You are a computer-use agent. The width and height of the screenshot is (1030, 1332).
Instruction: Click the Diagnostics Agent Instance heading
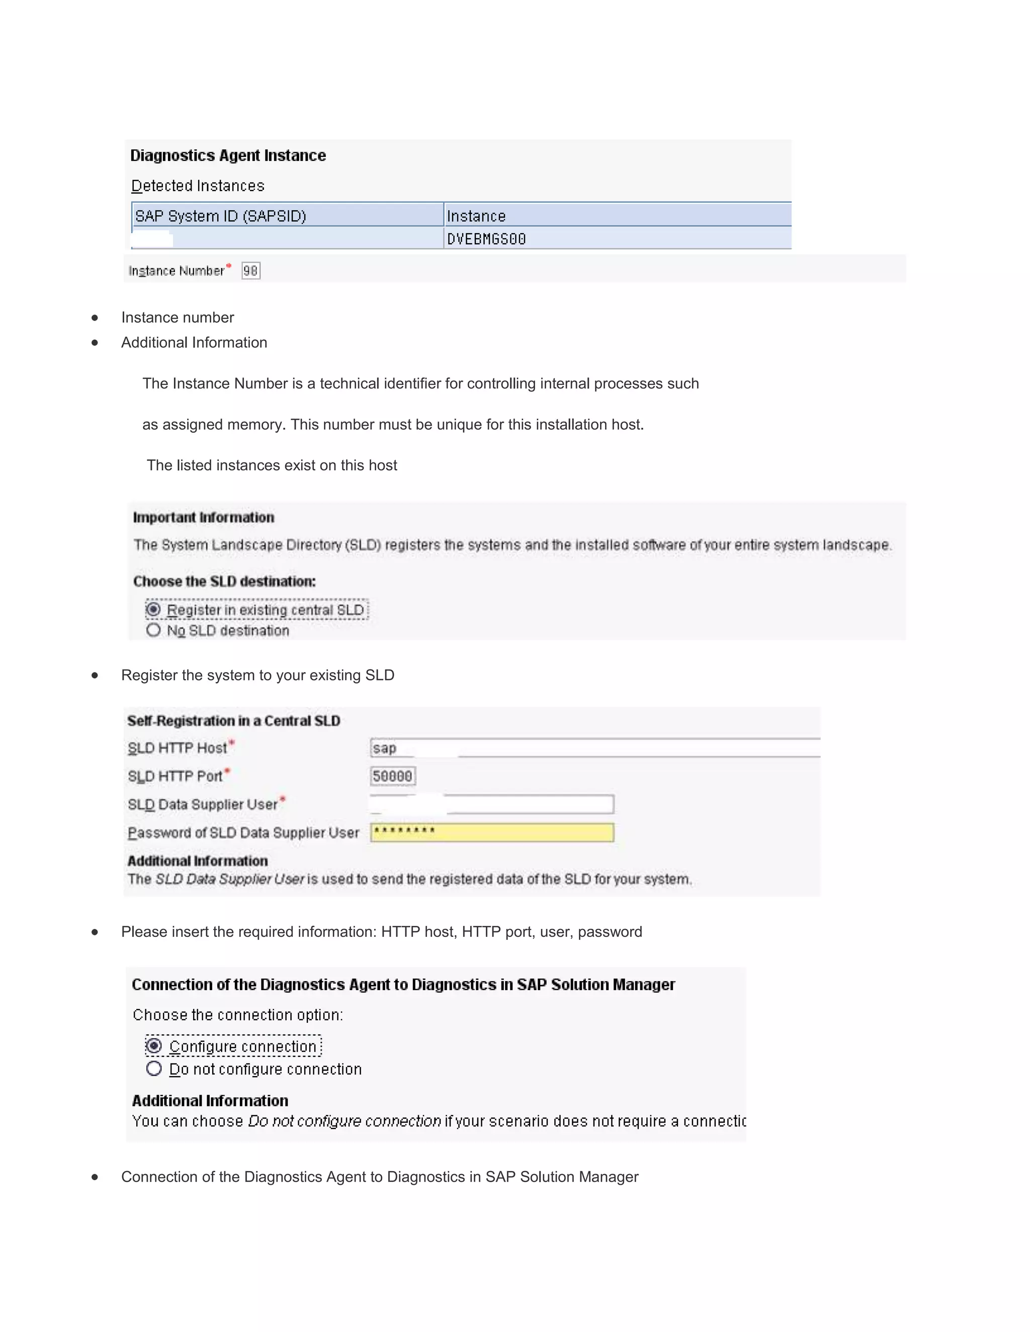point(228,155)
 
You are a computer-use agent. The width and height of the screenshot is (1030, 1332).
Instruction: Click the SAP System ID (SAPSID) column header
point(220,216)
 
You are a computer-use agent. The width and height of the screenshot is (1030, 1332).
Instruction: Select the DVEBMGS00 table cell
point(486,239)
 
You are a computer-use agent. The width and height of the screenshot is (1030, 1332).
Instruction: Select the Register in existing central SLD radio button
point(154,610)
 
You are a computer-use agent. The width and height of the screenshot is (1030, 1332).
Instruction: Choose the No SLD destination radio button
point(154,630)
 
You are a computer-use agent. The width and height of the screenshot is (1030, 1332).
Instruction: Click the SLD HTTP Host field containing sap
point(595,748)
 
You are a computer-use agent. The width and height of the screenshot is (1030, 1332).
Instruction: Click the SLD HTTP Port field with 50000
point(393,776)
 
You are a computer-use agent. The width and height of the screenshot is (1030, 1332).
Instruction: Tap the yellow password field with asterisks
point(492,832)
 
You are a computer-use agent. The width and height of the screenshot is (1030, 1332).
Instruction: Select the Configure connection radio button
point(154,1046)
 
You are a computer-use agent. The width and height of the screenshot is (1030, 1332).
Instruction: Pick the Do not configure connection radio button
point(154,1069)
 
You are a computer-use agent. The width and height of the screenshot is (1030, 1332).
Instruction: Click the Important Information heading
point(203,517)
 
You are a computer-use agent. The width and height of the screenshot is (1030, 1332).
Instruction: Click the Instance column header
point(477,216)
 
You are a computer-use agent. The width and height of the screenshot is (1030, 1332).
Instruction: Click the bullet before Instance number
point(95,318)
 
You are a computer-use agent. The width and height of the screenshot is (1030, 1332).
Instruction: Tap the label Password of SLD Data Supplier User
point(243,832)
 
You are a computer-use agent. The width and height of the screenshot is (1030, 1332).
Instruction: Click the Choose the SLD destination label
point(224,581)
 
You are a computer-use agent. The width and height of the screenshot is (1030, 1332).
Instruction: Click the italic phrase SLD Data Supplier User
point(229,879)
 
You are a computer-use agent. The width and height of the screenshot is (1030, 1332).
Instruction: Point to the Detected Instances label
point(198,185)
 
